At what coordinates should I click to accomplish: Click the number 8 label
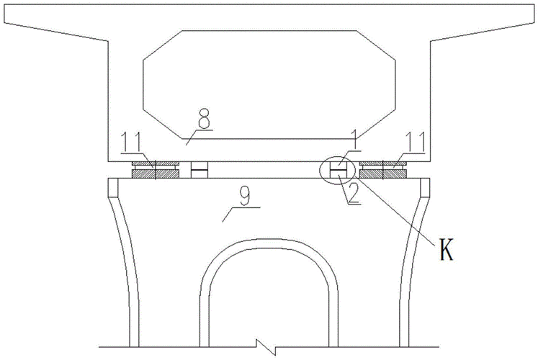point(204,120)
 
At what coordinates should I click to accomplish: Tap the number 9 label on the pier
point(246,197)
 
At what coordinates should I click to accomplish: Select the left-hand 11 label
point(131,142)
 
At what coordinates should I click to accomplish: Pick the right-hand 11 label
point(415,142)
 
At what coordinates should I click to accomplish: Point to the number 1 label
point(354,140)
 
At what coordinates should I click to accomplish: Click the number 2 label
point(353,194)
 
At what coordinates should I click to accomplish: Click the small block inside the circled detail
point(338,170)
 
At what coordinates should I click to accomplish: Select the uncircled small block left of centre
point(199,170)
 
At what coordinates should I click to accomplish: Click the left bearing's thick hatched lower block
point(156,174)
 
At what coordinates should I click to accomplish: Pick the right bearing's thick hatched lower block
point(383,174)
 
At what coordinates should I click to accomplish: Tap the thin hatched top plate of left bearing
point(156,163)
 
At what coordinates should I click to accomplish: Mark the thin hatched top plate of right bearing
point(383,163)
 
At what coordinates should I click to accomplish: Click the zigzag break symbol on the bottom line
point(266,346)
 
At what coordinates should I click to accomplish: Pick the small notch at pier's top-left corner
point(113,187)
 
